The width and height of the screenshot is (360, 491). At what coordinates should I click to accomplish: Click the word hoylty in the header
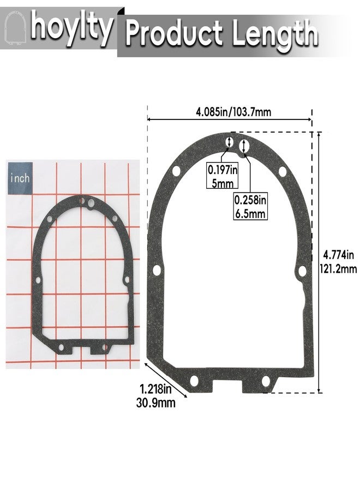[x=71, y=27]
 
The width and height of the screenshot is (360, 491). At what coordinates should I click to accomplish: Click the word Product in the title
[x=174, y=33]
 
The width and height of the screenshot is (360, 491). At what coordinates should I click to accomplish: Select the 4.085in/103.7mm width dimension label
[x=233, y=112]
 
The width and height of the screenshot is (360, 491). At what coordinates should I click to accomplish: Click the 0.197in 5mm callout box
[x=223, y=176]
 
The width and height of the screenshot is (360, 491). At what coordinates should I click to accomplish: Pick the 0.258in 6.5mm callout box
[x=250, y=206]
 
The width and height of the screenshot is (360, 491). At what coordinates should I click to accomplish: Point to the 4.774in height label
[x=338, y=255]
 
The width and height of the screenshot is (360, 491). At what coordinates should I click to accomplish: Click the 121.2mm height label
[x=338, y=268]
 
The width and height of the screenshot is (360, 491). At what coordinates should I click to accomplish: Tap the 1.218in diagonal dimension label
[x=155, y=390]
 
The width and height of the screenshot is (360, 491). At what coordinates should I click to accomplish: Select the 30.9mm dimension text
[x=155, y=403]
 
